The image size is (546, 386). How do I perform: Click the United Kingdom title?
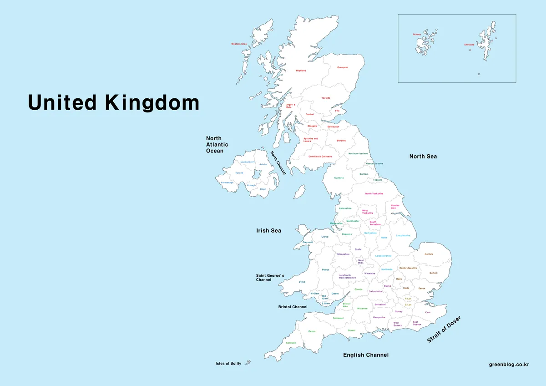[x=114, y=103]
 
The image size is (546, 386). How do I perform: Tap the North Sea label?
[x=423, y=157]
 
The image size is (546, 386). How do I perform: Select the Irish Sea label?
[x=268, y=231]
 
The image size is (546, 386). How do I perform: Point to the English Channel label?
[x=366, y=355]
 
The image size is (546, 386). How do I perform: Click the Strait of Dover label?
[x=444, y=330]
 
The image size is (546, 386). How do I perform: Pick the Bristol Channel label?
[x=293, y=307]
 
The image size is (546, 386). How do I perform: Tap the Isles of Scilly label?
[x=228, y=364]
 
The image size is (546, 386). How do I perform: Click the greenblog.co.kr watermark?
[x=509, y=365]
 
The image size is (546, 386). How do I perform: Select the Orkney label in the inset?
[x=417, y=35]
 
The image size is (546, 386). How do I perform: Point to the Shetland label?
[x=469, y=45]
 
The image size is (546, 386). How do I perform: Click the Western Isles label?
[x=239, y=44]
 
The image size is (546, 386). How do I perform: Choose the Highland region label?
[x=301, y=71]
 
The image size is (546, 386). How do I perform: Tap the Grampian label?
[x=343, y=67]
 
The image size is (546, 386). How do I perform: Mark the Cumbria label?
[x=339, y=178]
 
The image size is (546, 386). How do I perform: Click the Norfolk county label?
[x=429, y=254]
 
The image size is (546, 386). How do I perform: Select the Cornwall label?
[x=291, y=343]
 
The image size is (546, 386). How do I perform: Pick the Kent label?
[x=427, y=313]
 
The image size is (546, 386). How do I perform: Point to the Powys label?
[x=325, y=270]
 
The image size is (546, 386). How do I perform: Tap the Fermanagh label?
[x=227, y=183]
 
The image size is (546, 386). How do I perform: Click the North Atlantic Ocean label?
[x=217, y=144]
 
